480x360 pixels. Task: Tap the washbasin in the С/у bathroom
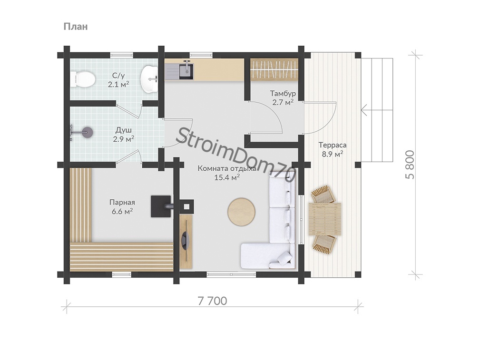pos(149,78)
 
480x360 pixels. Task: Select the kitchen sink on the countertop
pos(186,70)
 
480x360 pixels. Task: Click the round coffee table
pos(242,212)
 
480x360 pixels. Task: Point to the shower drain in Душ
pos(88,132)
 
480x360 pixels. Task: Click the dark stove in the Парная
pos(161,206)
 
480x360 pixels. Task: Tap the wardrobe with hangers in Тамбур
pos(274,70)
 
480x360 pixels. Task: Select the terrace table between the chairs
pos(325,219)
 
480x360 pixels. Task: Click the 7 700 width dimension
pos(213,301)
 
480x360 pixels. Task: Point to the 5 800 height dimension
pos(410,165)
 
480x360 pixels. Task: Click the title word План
pos(76,27)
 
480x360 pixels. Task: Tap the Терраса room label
pos(333,145)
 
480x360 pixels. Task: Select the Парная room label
pos(122,202)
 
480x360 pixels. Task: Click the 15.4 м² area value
pos(227,177)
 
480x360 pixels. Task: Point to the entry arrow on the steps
pos(377,110)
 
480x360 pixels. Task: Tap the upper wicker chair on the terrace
pos(323,195)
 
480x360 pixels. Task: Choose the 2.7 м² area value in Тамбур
pos(283,102)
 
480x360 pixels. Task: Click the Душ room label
pos(123,130)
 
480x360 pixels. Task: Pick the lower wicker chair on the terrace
pos(324,244)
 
